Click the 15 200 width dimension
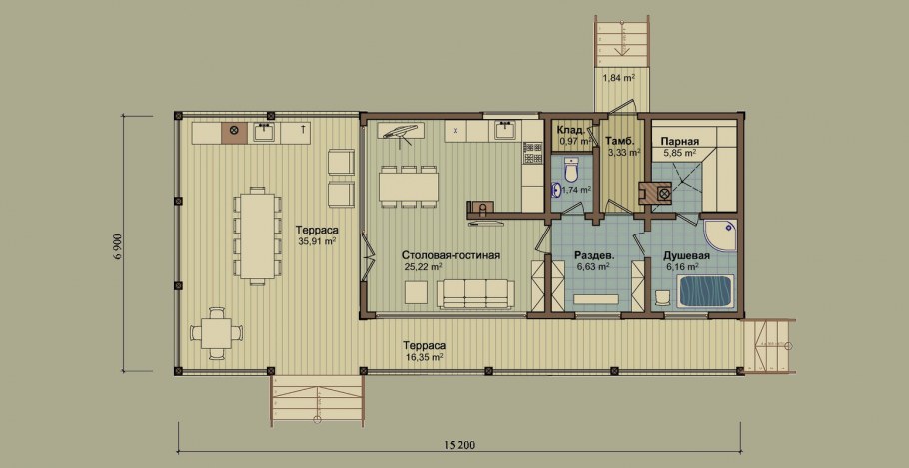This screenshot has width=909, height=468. [459, 445]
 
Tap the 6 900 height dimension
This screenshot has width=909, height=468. [117, 243]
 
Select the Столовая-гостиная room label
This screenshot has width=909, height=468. [452, 255]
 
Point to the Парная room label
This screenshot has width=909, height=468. [679, 141]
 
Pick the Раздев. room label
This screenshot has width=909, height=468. [594, 255]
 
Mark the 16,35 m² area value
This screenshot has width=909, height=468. [424, 357]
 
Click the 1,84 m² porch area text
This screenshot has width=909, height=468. [617, 77]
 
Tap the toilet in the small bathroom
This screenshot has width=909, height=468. [571, 170]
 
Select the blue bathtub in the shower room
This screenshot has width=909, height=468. [706, 290]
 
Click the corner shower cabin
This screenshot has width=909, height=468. [720, 235]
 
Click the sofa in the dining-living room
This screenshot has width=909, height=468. [475, 294]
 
